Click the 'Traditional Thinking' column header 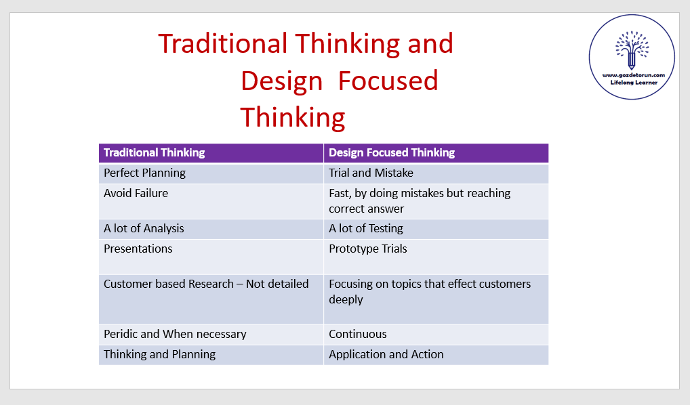211,153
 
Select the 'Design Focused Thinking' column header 436,153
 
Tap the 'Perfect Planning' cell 211,173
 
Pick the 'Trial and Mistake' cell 436,173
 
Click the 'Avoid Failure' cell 211,201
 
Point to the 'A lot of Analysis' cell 211,229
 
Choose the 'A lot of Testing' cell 436,229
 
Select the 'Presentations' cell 211,257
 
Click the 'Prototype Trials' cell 436,257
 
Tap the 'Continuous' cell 436,334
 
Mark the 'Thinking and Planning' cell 211,354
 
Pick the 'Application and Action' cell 436,354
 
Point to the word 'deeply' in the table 346,300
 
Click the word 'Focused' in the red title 388,81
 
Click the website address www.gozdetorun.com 634,75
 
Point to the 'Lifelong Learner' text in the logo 634,82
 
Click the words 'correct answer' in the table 366,209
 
